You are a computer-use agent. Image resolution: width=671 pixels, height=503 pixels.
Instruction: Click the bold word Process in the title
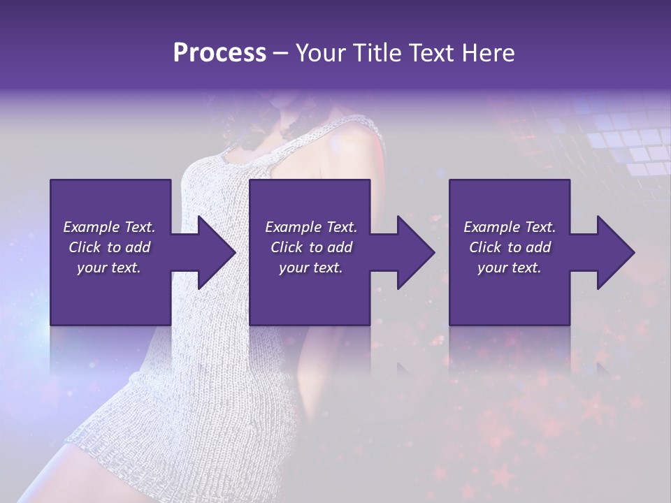click(x=219, y=53)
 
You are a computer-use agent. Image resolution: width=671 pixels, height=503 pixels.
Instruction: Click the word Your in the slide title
click(x=320, y=53)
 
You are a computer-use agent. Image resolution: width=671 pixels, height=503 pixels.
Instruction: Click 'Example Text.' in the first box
click(x=109, y=227)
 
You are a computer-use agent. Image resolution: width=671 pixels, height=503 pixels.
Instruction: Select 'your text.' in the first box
click(x=109, y=268)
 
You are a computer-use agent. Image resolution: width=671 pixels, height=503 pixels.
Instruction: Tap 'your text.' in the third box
click(x=510, y=268)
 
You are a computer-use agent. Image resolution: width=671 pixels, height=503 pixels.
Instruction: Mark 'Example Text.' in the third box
click(x=510, y=227)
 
